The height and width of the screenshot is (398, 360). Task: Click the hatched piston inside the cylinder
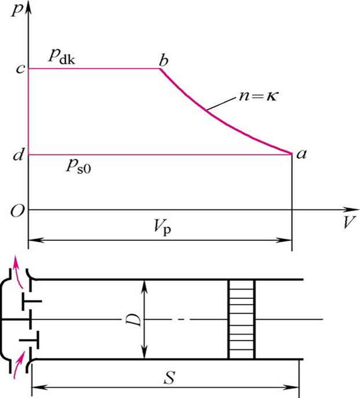coord(242,319)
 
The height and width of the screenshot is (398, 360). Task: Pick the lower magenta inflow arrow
coord(20,367)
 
